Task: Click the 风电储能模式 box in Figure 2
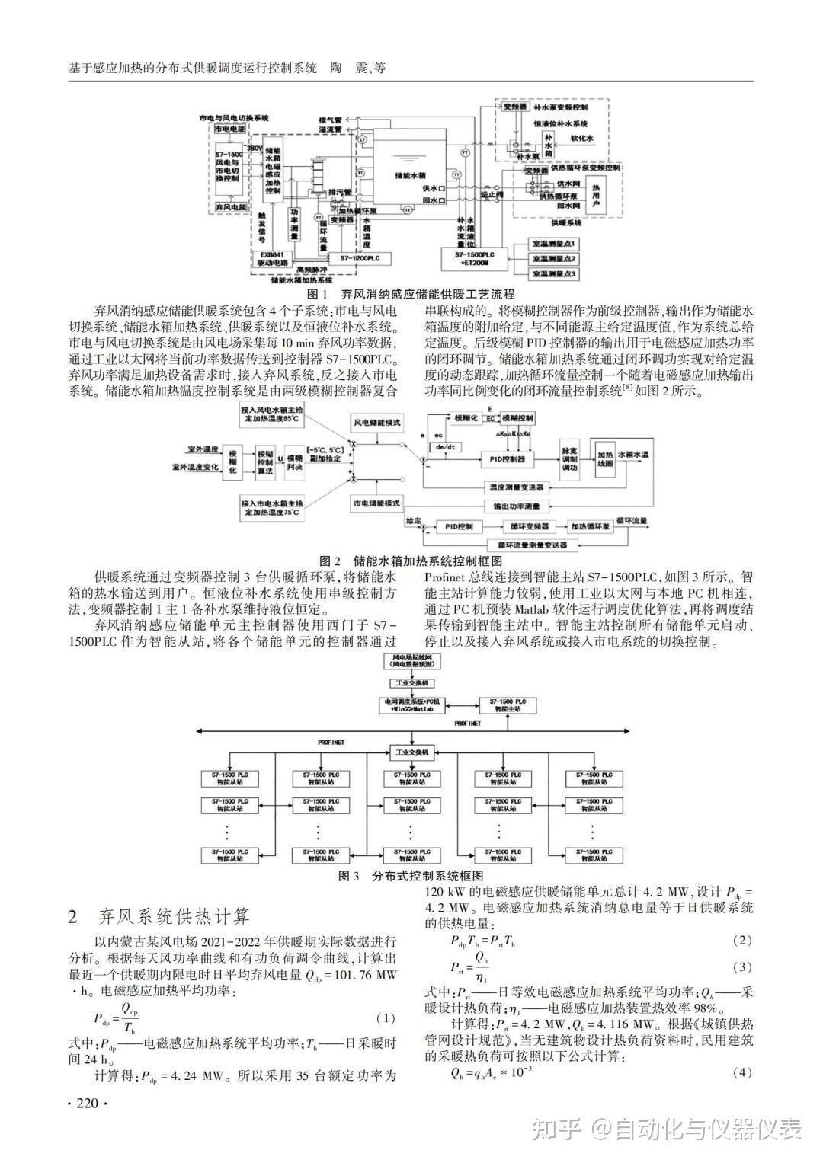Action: point(376,423)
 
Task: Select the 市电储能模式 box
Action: point(376,505)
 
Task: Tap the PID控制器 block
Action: point(508,459)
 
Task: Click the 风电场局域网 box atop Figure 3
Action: point(411,660)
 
